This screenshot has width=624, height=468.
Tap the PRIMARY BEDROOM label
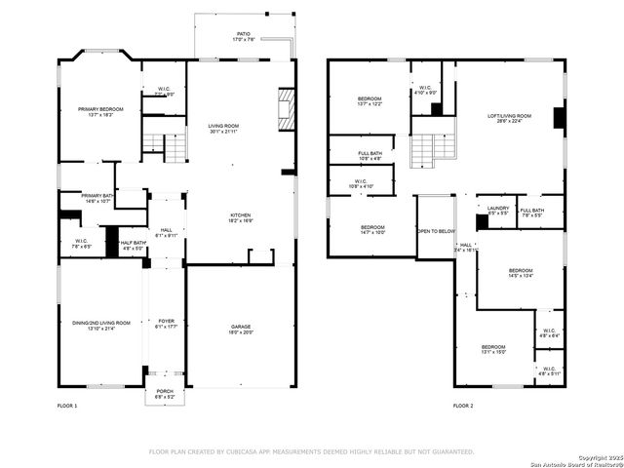[x=101, y=109]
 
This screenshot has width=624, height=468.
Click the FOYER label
[x=166, y=321]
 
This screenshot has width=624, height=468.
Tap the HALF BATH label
[x=134, y=243]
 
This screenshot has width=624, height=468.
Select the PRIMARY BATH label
[x=98, y=195]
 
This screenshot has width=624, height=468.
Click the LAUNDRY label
[x=497, y=208]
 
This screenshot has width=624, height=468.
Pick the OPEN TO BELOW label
[x=436, y=231]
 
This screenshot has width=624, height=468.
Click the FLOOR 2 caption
[x=464, y=405]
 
